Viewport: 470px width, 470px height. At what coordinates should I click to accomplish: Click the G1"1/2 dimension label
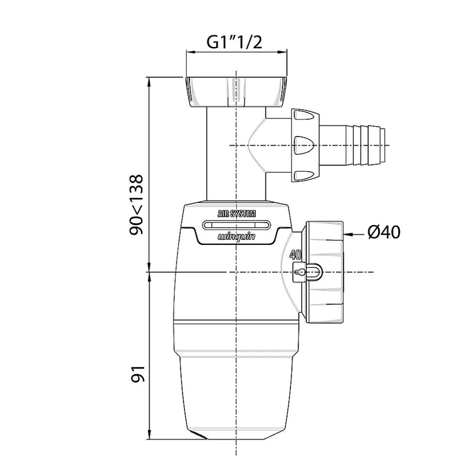[235, 43]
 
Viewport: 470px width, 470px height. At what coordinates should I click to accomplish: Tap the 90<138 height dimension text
[137, 205]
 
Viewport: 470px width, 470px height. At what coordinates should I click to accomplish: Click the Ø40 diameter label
[384, 233]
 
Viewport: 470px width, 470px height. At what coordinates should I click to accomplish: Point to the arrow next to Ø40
[354, 235]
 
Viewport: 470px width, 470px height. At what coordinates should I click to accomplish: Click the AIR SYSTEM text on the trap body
[236, 213]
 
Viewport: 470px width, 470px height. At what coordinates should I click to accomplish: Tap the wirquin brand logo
[236, 237]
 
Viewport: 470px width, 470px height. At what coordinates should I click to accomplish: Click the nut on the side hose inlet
[305, 145]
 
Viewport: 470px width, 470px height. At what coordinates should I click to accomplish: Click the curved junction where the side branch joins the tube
[256, 145]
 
